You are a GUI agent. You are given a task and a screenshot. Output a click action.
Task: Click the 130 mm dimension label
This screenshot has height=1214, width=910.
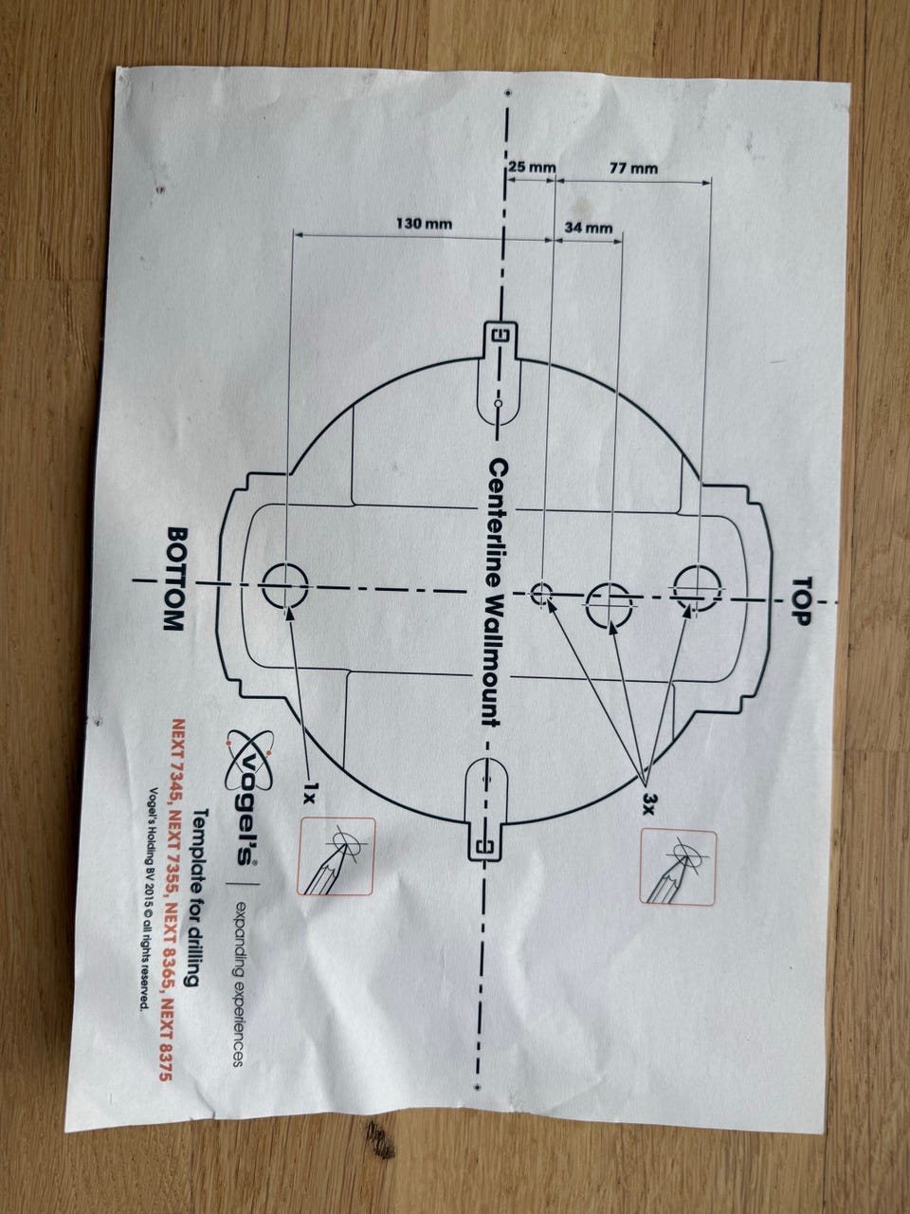point(424,225)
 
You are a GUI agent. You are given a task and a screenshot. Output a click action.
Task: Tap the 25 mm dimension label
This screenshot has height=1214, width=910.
point(532,167)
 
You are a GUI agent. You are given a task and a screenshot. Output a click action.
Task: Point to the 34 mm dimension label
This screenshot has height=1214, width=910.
point(588,229)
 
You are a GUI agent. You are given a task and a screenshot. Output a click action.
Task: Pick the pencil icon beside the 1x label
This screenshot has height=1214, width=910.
point(336,856)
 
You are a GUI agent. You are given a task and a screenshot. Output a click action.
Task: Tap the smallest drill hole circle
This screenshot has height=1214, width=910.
point(542,594)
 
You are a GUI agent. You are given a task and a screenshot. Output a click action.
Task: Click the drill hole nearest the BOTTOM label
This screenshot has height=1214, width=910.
point(285,585)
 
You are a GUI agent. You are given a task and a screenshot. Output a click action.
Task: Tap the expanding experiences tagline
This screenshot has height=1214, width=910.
point(238,983)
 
